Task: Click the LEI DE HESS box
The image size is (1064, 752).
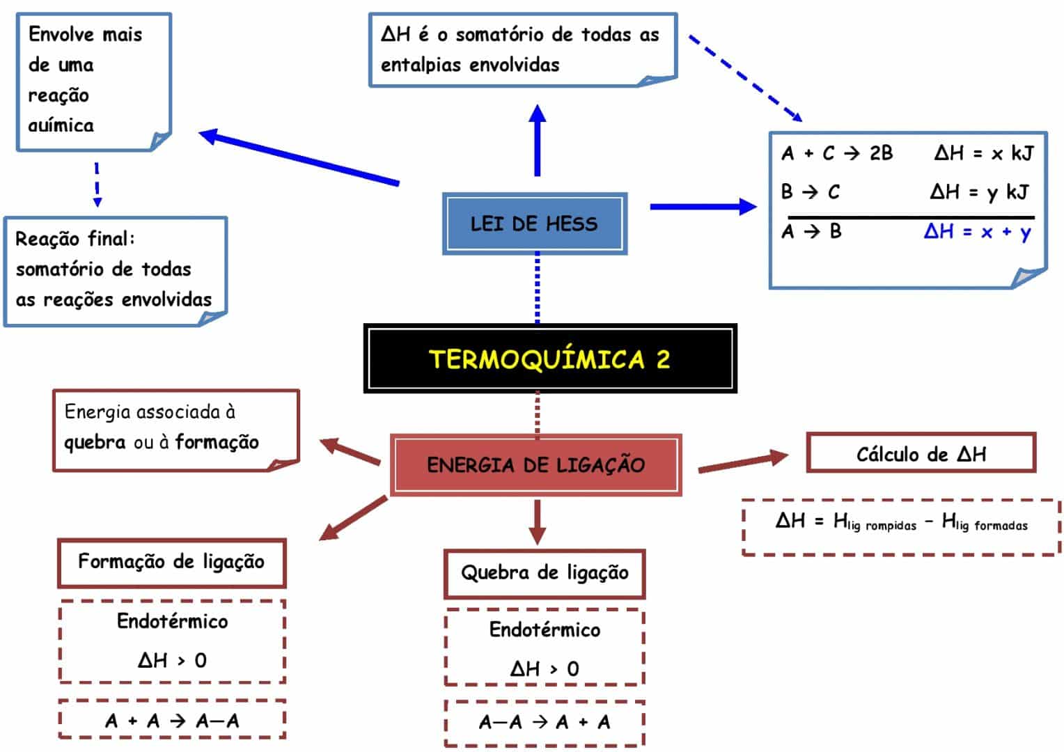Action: tap(534, 224)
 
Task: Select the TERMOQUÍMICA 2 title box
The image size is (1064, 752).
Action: tap(549, 359)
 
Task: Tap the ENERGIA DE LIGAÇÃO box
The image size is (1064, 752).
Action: tap(535, 464)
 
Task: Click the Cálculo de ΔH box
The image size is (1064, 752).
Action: tap(921, 454)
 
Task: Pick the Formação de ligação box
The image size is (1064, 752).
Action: tap(171, 562)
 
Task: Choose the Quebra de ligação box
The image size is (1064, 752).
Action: tap(545, 573)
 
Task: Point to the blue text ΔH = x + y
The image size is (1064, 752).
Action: tap(978, 232)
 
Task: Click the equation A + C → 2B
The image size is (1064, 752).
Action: tap(837, 153)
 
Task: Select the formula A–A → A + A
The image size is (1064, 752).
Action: tap(545, 722)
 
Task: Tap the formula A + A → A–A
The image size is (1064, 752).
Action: tap(172, 720)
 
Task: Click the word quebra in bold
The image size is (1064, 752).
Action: tap(95, 443)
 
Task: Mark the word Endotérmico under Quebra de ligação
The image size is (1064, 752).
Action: tap(545, 630)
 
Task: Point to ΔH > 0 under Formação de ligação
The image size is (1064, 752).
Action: tap(172, 660)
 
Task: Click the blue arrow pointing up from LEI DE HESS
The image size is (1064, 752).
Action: tap(537, 139)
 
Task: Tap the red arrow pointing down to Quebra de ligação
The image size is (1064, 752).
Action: tap(536, 521)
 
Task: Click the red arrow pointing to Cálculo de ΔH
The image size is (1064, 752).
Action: tap(742, 462)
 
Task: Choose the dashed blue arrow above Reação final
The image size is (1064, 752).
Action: tap(97, 185)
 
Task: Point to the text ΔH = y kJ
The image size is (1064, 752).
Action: tap(979, 191)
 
